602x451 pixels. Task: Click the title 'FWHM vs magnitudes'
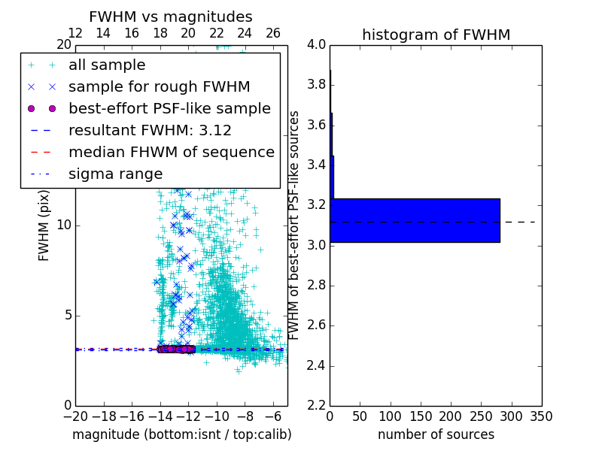pyautogui.click(x=171, y=17)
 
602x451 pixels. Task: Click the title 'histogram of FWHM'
pyautogui.click(x=436, y=35)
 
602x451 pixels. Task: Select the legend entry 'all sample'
pyautogui.click(x=107, y=65)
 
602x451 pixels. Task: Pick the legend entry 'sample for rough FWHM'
pyautogui.click(x=159, y=87)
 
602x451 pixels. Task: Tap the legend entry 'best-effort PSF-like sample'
pyautogui.click(x=169, y=108)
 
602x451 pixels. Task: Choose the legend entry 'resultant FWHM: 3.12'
pyautogui.click(x=150, y=130)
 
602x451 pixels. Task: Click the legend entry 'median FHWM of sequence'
pyautogui.click(x=171, y=152)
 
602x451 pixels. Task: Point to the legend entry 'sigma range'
pyautogui.click(x=115, y=174)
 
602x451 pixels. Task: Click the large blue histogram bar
pyautogui.click(x=415, y=220)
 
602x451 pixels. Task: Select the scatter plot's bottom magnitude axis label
pyautogui.click(x=181, y=434)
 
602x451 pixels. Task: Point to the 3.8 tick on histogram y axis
pyautogui.click(x=316, y=84)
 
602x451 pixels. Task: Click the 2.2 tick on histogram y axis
pyautogui.click(x=316, y=406)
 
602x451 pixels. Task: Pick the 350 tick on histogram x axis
pyautogui.click(x=541, y=416)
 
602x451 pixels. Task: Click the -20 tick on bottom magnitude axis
pyautogui.click(x=75, y=416)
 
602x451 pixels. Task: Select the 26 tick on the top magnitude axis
pyautogui.click(x=273, y=33)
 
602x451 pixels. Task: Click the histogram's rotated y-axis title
pyautogui.click(x=295, y=225)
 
